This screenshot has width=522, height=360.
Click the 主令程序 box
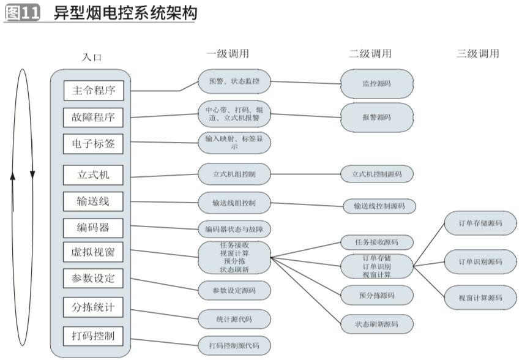click(x=94, y=91)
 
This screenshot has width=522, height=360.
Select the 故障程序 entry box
click(x=94, y=117)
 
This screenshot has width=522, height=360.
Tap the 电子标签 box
click(x=94, y=144)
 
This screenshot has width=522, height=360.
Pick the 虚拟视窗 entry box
click(x=94, y=252)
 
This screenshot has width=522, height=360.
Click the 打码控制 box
click(x=94, y=336)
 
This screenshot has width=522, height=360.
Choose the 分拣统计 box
click(x=94, y=307)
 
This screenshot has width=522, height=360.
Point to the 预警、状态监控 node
click(x=234, y=81)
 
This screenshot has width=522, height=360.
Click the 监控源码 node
click(x=377, y=83)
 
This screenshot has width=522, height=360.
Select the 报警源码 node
click(x=377, y=116)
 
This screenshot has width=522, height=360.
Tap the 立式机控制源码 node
click(x=377, y=174)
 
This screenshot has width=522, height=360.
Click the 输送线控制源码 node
click(x=379, y=206)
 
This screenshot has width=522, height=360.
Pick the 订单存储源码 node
click(x=480, y=223)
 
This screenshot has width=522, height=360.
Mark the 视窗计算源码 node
click(x=480, y=298)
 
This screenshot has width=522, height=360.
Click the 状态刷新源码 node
click(x=377, y=324)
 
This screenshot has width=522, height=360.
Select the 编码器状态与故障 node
click(x=234, y=230)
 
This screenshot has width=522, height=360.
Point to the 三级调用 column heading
click(x=477, y=54)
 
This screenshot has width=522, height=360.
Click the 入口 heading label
click(x=92, y=58)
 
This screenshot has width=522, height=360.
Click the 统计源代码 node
click(x=234, y=319)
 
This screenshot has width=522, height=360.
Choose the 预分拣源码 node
click(x=377, y=295)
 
